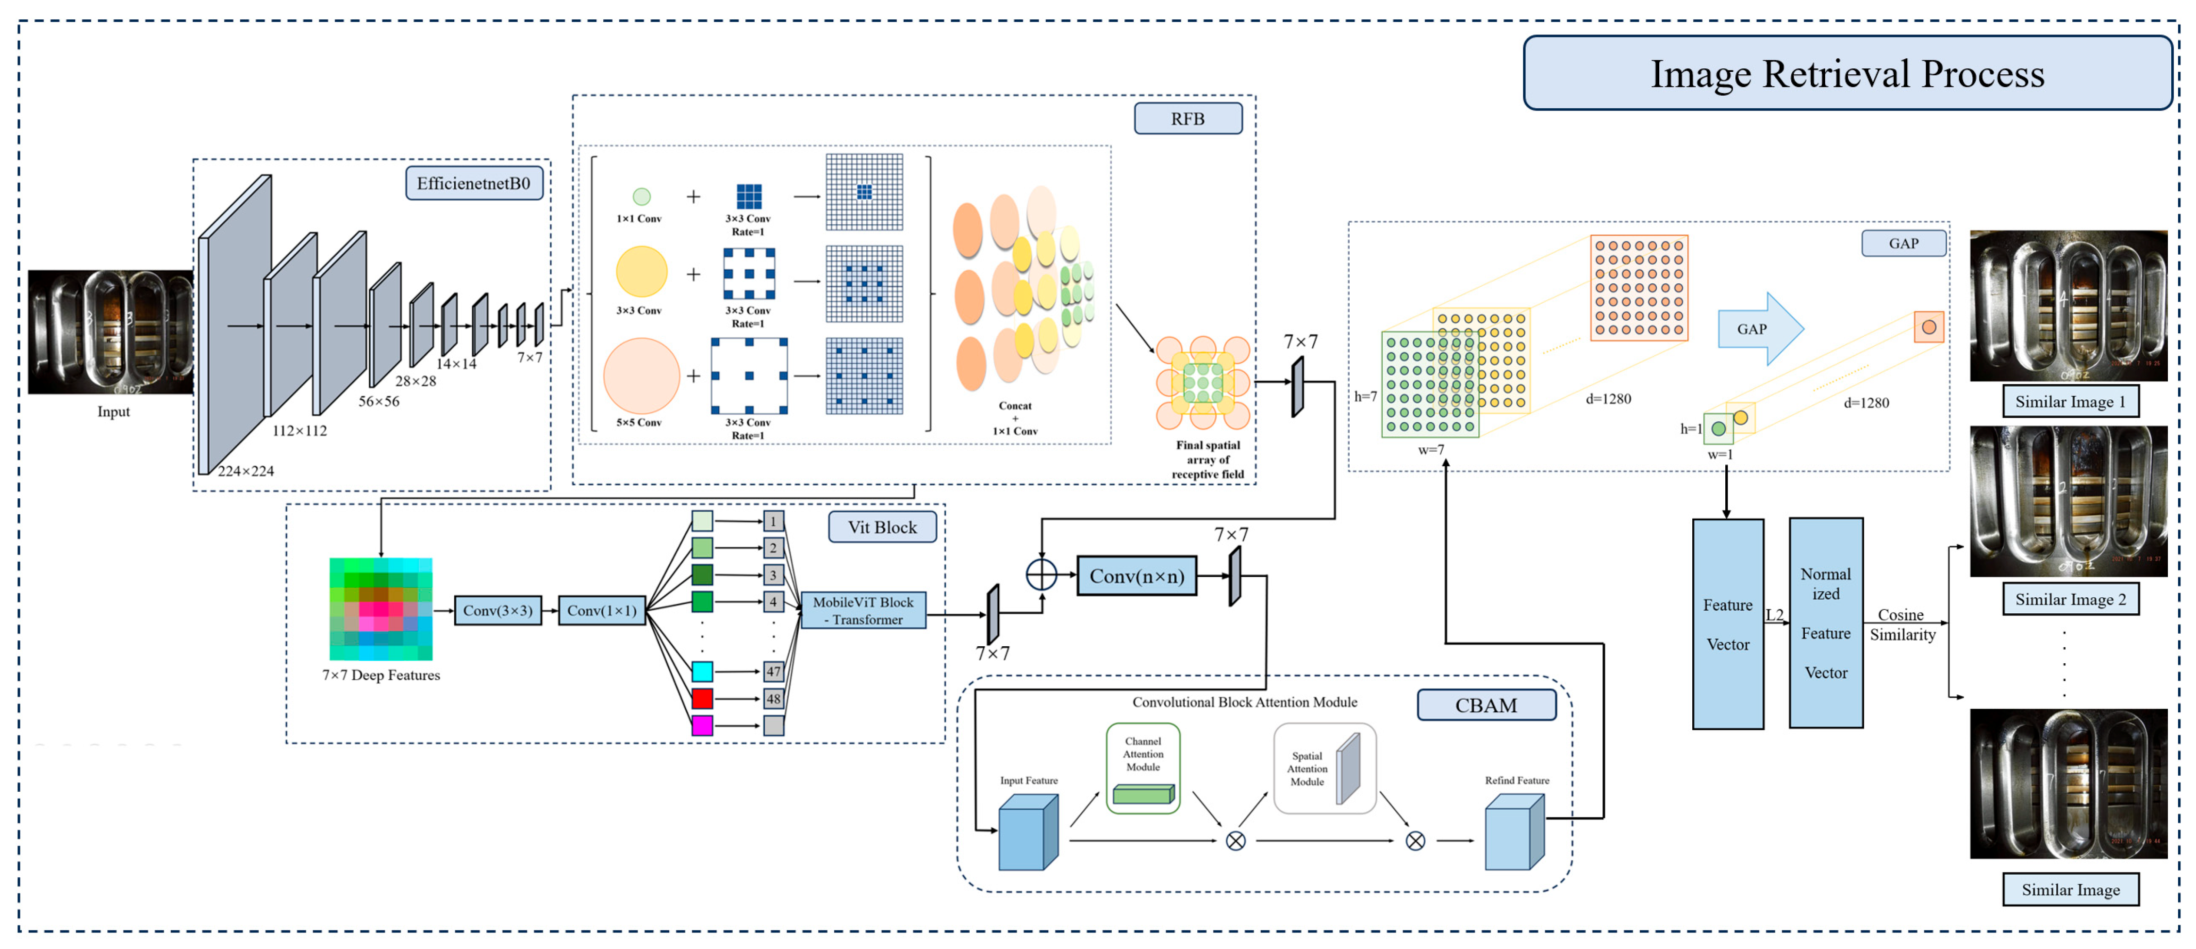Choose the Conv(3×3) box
(x=498, y=611)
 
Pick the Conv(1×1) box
(x=602, y=611)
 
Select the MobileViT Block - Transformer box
(x=863, y=611)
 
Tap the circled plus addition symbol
(x=1041, y=575)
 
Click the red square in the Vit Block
(x=702, y=699)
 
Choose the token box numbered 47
(x=773, y=671)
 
